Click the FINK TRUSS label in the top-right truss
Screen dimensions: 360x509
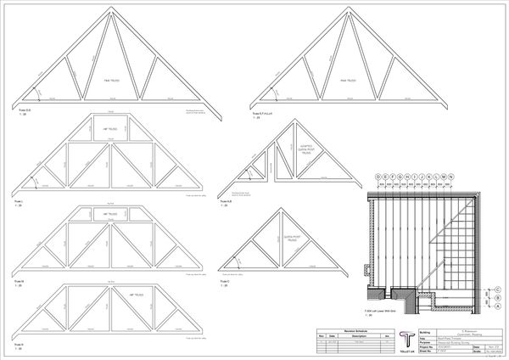click(x=347, y=82)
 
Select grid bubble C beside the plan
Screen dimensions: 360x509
click(x=501, y=289)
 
